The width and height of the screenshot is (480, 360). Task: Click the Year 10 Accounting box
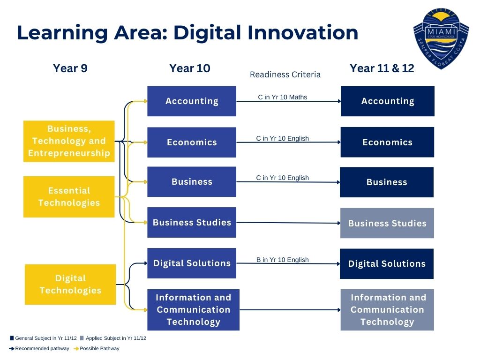tap(192, 101)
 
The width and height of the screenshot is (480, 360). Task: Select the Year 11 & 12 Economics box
tap(387, 142)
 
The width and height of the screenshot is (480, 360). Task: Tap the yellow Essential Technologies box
tap(69, 197)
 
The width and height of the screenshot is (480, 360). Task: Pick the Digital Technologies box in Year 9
tap(70, 285)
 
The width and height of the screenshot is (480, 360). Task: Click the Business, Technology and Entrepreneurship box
tap(69, 141)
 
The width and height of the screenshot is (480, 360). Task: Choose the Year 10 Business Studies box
tap(192, 223)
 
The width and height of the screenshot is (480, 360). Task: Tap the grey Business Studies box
tap(387, 223)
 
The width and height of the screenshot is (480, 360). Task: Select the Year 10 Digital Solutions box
tap(192, 263)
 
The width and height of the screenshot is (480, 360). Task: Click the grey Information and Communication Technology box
tap(387, 310)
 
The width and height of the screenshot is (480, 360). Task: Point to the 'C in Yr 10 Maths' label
tap(282, 97)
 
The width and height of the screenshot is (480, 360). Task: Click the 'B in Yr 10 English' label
tap(282, 260)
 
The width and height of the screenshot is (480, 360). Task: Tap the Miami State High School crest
tap(441, 38)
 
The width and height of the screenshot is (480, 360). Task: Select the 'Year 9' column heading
tap(70, 68)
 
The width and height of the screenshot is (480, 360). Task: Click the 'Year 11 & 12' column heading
tap(382, 68)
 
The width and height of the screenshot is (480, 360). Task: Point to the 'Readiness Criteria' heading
tap(285, 75)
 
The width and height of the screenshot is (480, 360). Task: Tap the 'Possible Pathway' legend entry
tap(96, 348)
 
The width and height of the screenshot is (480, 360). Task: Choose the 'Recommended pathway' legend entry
tap(39, 348)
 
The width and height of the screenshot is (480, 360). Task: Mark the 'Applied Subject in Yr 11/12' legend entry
tap(113, 338)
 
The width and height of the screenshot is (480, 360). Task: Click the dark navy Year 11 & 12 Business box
tap(387, 182)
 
